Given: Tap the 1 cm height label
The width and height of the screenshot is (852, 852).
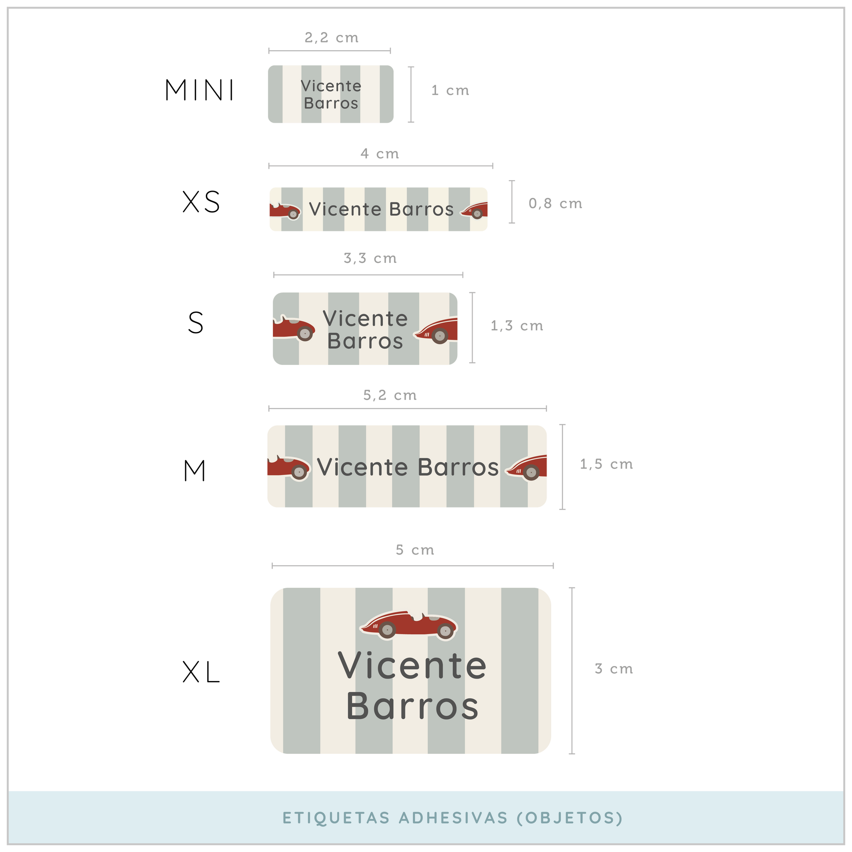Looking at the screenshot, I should point(450,90).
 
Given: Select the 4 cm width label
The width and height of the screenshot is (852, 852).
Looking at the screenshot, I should point(380,154).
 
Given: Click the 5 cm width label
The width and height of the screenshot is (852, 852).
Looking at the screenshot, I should point(414,550).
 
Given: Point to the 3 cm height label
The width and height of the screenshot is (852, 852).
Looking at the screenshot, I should point(614,669).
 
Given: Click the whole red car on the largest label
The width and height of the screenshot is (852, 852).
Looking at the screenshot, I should point(409,625).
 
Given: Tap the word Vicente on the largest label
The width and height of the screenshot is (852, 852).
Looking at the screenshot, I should point(412,666).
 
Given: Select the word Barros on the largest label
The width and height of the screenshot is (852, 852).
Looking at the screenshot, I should point(412,706).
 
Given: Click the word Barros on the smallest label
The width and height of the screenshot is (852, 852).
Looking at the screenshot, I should point(331,103).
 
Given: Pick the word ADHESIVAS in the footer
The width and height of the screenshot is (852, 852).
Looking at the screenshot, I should point(453,817).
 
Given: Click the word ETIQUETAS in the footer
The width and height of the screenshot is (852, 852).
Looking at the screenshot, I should point(336,817).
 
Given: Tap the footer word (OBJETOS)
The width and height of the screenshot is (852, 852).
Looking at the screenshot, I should point(570,817).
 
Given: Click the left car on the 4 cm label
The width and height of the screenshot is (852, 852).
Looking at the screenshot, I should point(285,211).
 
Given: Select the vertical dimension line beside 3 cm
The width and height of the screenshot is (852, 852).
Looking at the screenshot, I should point(572,670).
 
